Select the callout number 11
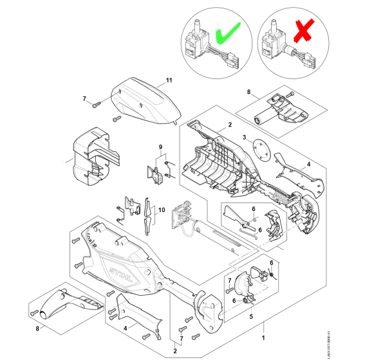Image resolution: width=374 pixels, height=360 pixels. pos(169,80)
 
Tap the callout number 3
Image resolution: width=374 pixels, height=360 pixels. pos(245,137)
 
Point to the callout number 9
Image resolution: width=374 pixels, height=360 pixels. pos(161,148)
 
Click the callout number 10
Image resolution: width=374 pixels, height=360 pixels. pos(162,210)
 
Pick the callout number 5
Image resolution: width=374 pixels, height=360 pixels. pos(252,316)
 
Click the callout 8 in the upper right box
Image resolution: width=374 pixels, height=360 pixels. pos(249,93)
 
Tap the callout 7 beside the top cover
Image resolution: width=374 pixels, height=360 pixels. pos(84,98)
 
